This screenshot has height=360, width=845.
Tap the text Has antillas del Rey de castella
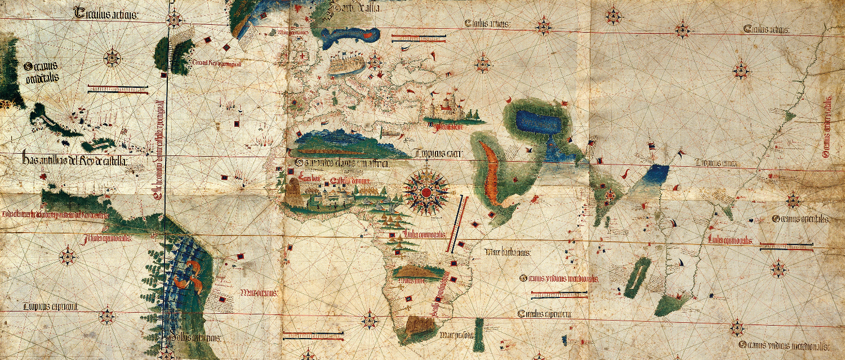75,161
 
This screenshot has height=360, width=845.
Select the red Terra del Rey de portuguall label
217,63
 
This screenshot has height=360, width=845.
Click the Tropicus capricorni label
50,307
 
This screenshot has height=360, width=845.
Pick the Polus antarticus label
192,337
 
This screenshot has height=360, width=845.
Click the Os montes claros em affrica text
335,163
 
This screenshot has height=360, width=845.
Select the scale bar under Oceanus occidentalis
118,88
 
